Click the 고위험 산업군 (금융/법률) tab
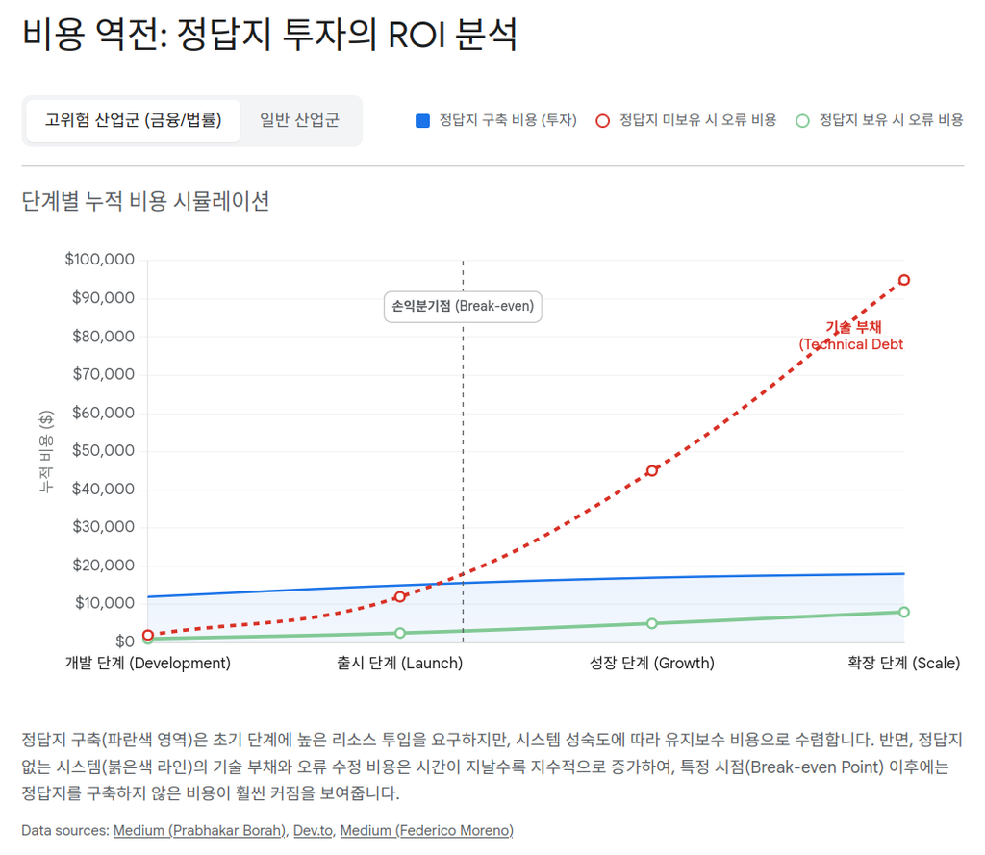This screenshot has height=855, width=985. [133, 120]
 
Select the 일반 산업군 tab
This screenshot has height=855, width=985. [299, 120]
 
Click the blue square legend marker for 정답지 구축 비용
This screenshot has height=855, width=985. [422, 121]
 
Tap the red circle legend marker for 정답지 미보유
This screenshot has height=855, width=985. [603, 121]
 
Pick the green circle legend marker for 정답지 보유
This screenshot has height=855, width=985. [803, 121]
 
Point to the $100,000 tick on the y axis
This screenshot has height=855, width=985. [99, 260]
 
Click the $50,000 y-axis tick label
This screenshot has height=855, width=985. [103, 450]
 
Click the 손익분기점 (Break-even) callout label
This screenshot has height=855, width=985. [463, 307]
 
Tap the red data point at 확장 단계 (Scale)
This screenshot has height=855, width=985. [904, 280]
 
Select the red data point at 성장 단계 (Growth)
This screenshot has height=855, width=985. [652, 470]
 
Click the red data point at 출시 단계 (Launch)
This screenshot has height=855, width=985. [400, 596]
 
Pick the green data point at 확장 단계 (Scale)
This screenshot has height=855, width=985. [904, 612]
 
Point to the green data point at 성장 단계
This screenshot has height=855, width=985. [652, 623]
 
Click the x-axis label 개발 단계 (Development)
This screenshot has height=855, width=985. [148, 663]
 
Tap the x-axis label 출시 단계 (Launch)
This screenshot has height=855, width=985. [400, 663]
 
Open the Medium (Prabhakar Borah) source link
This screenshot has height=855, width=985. [200, 830]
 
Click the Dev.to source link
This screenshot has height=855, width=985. [313, 830]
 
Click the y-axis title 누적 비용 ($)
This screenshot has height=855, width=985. [46, 451]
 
